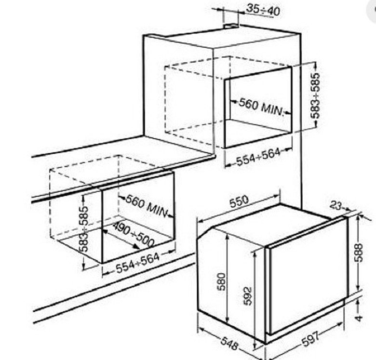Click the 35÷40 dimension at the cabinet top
(x=263, y=10)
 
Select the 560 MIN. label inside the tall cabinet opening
(x=261, y=107)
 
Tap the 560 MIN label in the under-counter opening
(x=146, y=206)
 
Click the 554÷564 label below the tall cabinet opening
(x=258, y=157)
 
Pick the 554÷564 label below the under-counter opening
(x=137, y=263)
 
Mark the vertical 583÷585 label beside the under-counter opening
(x=84, y=229)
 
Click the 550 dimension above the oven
(x=239, y=201)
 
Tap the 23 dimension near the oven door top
(x=336, y=205)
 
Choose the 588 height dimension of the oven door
(x=359, y=253)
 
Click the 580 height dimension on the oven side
(x=221, y=281)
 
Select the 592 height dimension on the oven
(x=248, y=296)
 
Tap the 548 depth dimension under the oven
(x=229, y=344)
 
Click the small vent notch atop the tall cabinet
(x=231, y=26)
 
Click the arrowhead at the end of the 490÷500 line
(x=137, y=246)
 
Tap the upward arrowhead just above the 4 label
(x=358, y=303)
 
